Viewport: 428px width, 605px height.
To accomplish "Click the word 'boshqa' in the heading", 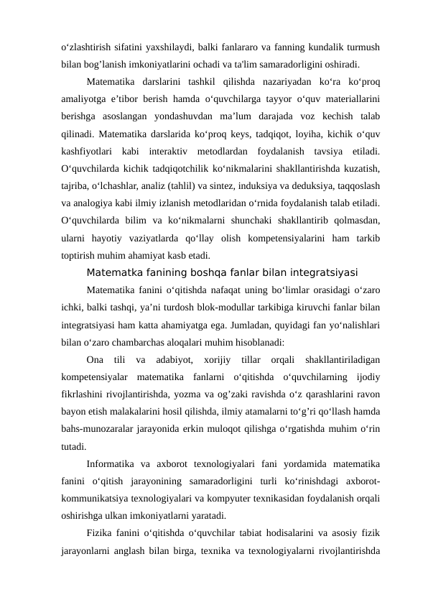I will (x=203, y=272).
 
